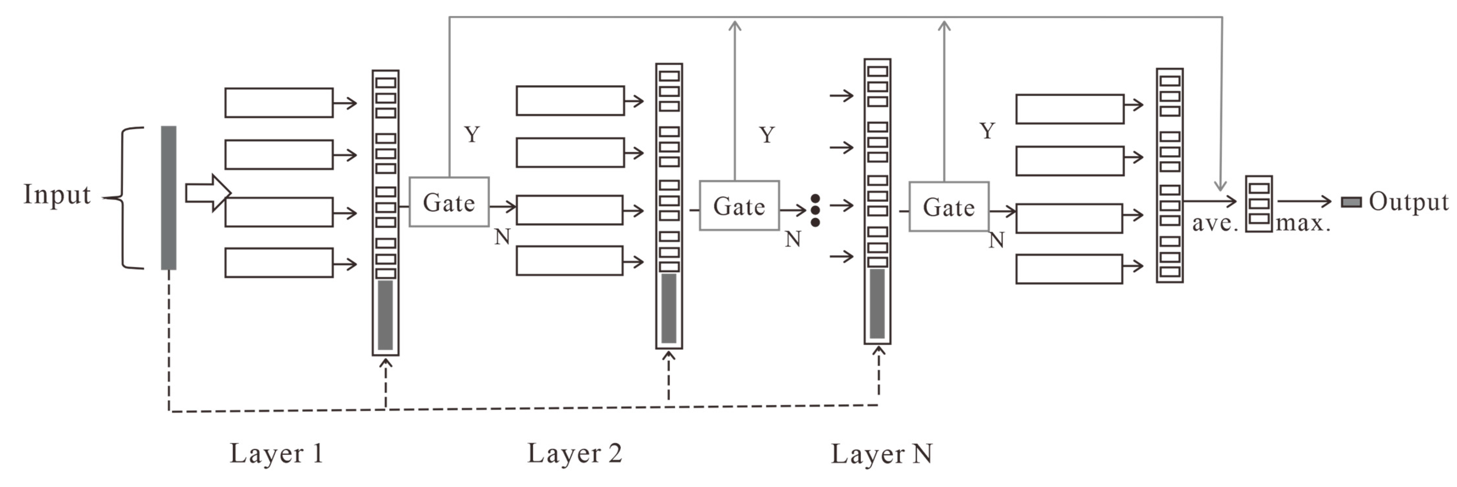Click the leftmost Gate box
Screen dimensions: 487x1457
coord(449,202)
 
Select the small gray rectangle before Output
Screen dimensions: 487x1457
coord(1351,202)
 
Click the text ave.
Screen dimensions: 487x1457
coord(1215,224)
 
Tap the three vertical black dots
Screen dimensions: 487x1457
coord(815,210)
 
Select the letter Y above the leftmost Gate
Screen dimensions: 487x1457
coord(472,135)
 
